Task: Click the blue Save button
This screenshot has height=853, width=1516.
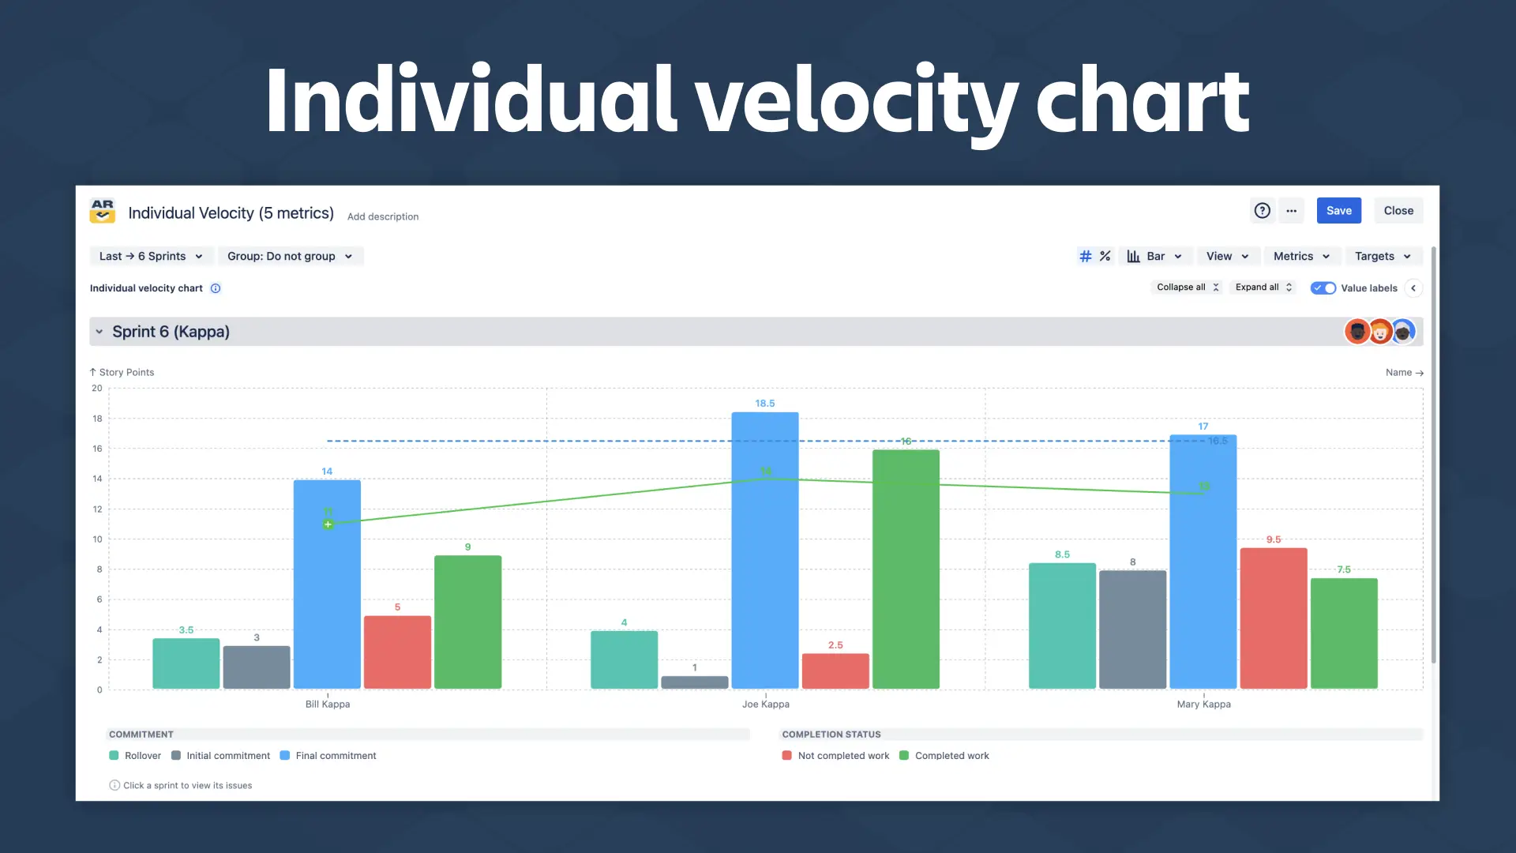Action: click(x=1338, y=211)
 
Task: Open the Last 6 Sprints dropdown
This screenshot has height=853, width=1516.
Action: click(x=151, y=256)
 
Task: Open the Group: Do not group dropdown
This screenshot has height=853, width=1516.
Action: click(x=290, y=256)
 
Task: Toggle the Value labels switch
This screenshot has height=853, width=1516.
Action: click(x=1323, y=288)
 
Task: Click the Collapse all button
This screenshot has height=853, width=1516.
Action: click(x=1187, y=287)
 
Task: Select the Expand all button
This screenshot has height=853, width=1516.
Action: click(x=1263, y=287)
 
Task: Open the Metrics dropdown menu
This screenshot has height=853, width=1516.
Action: click(x=1301, y=256)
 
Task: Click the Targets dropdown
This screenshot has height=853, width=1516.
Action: click(x=1383, y=256)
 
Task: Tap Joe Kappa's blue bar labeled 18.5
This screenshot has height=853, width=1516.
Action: click(x=764, y=553)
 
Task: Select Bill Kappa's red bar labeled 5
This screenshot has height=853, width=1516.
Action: click(x=397, y=652)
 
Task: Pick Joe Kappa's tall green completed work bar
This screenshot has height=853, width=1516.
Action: click(x=906, y=569)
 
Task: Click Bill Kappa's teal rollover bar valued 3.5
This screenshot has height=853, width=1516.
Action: click(x=186, y=663)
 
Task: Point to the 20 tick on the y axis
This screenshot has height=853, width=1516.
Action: click(x=96, y=389)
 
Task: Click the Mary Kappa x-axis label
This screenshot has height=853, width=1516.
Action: click(x=1203, y=705)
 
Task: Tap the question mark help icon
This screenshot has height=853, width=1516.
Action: click(x=1262, y=211)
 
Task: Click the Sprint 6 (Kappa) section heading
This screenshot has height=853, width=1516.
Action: click(x=171, y=332)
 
